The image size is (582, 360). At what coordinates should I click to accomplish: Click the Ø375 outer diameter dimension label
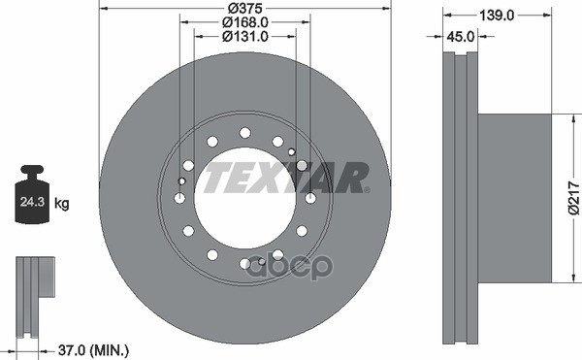[245, 8]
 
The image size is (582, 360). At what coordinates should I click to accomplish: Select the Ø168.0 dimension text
[245, 22]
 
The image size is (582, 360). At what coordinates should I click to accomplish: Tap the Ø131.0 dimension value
[245, 36]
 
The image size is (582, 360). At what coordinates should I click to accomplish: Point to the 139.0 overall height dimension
[497, 16]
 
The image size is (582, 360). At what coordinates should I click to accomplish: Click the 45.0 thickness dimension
[460, 36]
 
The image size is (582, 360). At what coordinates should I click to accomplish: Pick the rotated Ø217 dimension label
[574, 198]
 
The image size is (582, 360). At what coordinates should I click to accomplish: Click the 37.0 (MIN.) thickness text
[93, 350]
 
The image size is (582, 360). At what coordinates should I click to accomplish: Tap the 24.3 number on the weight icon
[32, 202]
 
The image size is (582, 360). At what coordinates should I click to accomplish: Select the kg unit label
[62, 203]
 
